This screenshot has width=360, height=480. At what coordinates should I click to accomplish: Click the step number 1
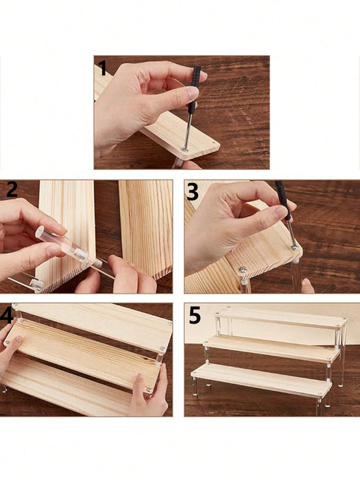click(x=102, y=68)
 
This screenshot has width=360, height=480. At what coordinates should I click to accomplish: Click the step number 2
click(x=12, y=189)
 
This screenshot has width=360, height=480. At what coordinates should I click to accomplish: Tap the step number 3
click(x=193, y=191)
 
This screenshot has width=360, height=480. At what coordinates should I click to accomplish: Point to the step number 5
click(x=195, y=315)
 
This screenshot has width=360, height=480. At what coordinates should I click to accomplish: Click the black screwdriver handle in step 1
click(x=194, y=89)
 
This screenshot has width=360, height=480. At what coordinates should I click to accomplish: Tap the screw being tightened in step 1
click(x=184, y=149)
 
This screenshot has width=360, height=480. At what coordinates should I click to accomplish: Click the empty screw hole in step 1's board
click(x=213, y=143)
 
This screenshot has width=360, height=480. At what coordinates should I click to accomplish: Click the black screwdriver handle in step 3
click(x=283, y=200)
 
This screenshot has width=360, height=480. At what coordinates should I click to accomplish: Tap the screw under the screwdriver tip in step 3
click(x=295, y=246)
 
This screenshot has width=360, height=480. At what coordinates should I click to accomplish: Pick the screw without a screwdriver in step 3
click(x=243, y=269)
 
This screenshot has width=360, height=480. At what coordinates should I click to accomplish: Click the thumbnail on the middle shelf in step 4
click(x=19, y=339)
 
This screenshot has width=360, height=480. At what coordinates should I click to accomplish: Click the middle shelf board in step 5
click(x=272, y=348)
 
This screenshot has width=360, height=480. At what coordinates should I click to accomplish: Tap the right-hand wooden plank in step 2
click(x=146, y=229)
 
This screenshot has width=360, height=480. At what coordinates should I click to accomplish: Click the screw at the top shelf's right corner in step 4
click(x=169, y=323)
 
